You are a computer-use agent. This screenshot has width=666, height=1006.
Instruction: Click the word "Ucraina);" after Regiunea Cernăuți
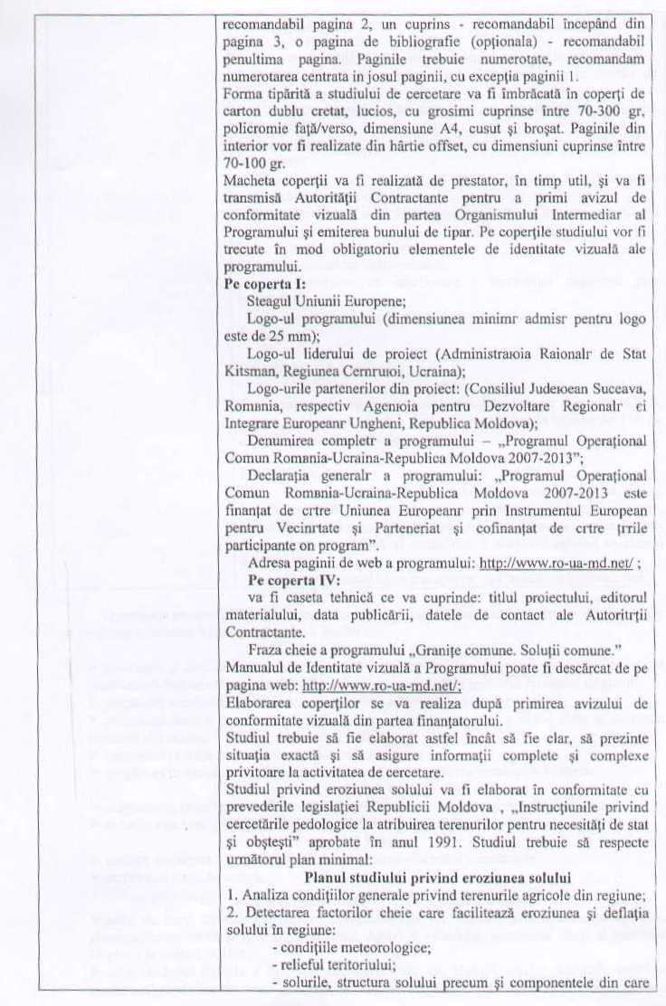click(x=415, y=371)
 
